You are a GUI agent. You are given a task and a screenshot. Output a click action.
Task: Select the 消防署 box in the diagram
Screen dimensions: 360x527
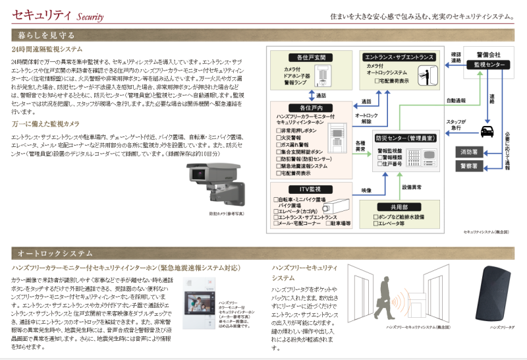(x=471, y=152)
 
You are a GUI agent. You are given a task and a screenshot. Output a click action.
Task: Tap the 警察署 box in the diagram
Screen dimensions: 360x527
(x=471, y=166)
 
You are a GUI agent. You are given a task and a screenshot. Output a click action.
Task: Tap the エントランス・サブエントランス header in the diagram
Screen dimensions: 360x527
(x=399, y=57)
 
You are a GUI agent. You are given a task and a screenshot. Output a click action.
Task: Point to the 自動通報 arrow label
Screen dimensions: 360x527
(x=456, y=100)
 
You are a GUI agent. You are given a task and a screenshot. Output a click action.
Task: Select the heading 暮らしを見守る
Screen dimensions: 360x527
(x=46, y=35)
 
